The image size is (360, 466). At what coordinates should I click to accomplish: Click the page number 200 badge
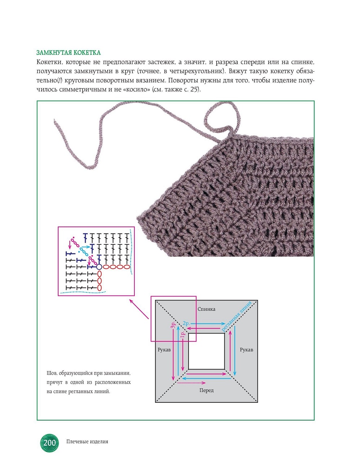49,443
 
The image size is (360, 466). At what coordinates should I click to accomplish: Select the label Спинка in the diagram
207,309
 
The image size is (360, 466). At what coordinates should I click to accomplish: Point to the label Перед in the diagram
207,390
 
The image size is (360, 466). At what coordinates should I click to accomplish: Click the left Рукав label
164,350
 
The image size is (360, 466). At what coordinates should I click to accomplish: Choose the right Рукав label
246,350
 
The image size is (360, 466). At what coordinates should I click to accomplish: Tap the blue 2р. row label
186,323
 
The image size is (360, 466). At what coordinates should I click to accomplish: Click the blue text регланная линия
236,316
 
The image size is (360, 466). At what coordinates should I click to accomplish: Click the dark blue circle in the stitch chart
99,267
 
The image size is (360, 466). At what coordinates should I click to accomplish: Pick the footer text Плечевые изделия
87,441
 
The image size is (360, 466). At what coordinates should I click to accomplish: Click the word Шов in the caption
52,373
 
